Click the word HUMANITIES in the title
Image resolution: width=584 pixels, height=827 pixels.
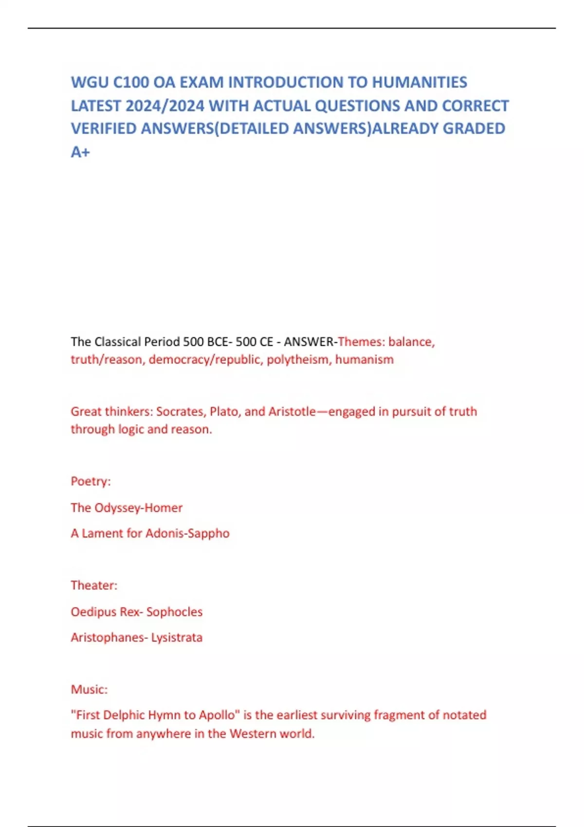[420, 82]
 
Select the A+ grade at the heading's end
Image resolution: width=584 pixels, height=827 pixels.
[80, 152]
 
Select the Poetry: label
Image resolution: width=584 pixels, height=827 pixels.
[91, 481]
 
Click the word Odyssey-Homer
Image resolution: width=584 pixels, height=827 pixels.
[138, 507]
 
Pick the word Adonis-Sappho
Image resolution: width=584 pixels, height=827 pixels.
[187, 533]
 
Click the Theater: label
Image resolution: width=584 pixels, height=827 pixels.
[94, 585]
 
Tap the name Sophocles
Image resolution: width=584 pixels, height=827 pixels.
[174, 611]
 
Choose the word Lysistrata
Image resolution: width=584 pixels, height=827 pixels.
[177, 637]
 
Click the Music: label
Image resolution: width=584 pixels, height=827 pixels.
[89, 689]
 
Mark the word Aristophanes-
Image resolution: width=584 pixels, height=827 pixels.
[109, 637]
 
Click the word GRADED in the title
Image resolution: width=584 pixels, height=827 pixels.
[474, 128]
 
